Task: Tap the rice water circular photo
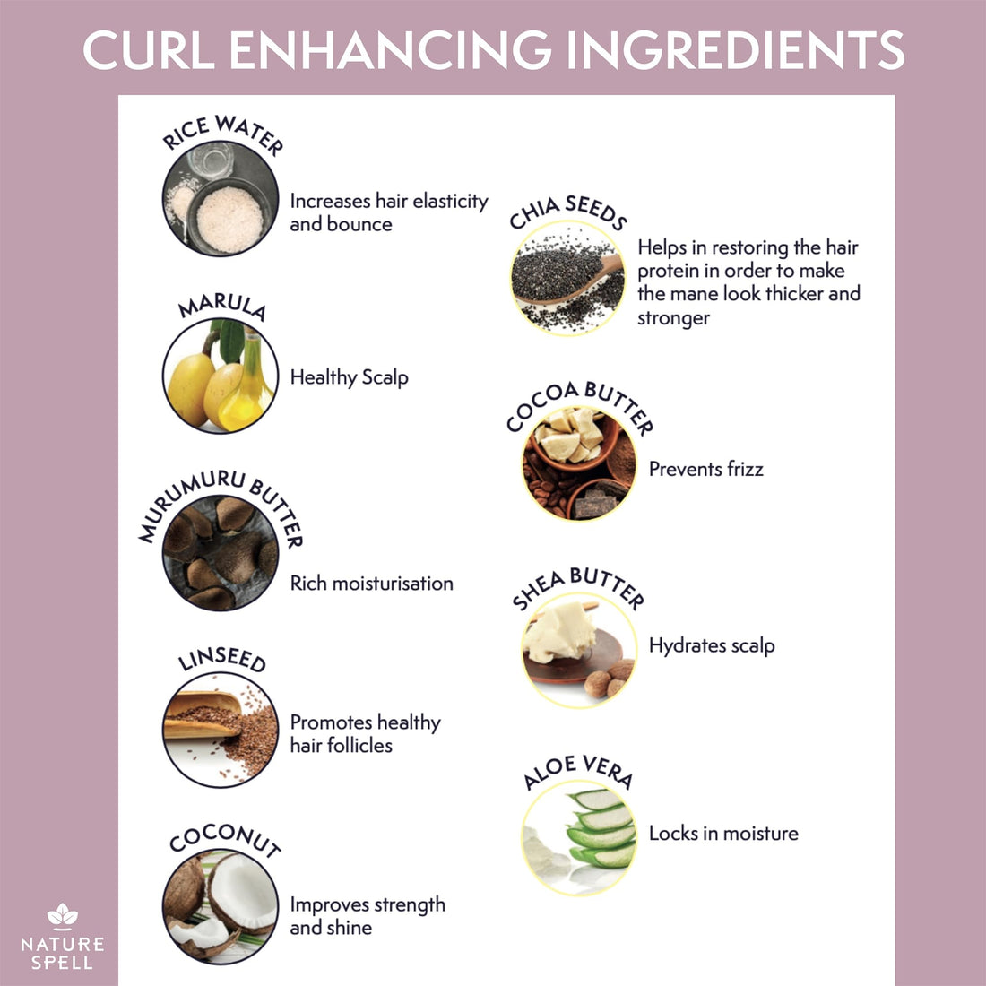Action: (221, 198)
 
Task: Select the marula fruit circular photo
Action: (221, 376)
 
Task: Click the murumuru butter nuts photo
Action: (221, 553)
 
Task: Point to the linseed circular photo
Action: (221, 730)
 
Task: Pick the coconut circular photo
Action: (221, 906)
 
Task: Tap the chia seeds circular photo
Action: (567, 278)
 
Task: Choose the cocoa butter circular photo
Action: (579, 463)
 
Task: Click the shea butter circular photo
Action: (579, 650)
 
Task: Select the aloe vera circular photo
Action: (579, 838)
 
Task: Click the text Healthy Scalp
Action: (349, 378)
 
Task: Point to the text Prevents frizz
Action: (706, 469)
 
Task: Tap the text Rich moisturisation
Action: (371, 584)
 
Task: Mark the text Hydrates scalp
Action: (712, 646)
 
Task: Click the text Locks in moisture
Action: (723, 834)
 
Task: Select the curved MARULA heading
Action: (222, 307)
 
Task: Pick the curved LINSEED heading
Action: (222, 659)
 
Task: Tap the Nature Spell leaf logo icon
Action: (62, 916)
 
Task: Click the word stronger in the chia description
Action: (673, 318)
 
